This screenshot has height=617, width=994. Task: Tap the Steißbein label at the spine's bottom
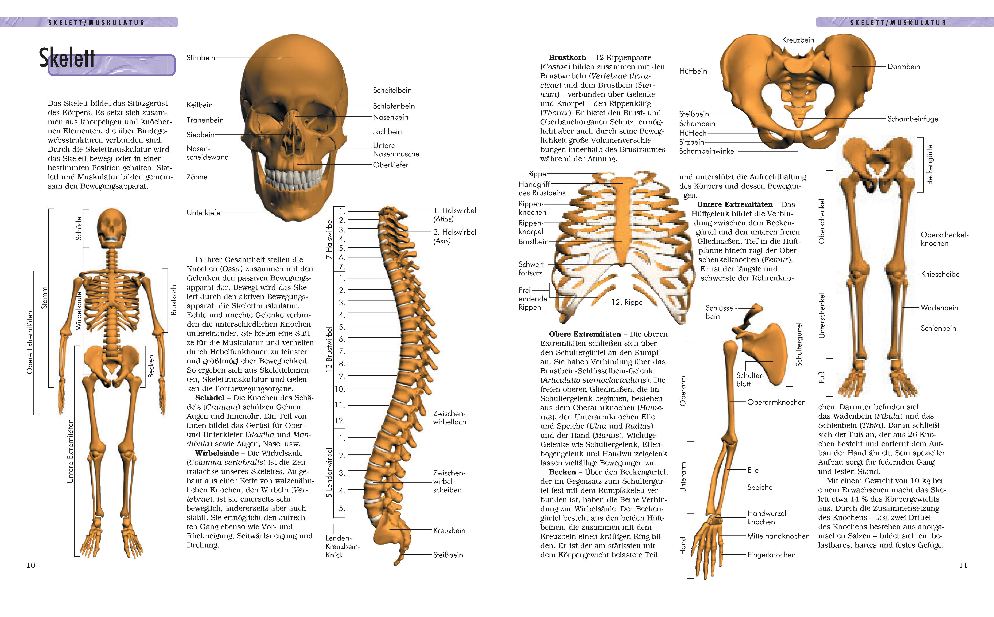(x=448, y=555)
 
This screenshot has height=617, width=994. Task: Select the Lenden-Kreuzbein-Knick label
(x=342, y=546)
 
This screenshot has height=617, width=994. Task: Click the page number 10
(x=31, y=565)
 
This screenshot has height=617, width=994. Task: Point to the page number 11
(x=963, y=565)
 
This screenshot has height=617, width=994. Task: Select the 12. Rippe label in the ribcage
(x=627, y=302)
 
